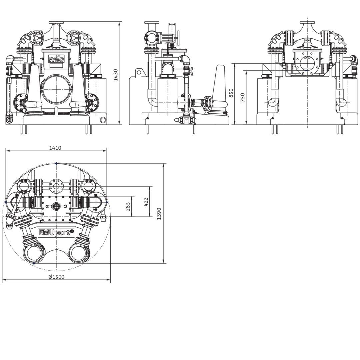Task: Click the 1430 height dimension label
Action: coord(116,75)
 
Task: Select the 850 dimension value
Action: coord(231,93)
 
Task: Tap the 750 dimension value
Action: coord(243,97)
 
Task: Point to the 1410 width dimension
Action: coord(55,148)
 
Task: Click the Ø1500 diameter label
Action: coord(56,277)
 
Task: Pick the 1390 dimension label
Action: coord(159,214)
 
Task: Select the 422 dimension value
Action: coord(146,202)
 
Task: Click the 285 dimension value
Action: coord(128,206)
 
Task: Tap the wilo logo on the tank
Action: coord(56,59)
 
